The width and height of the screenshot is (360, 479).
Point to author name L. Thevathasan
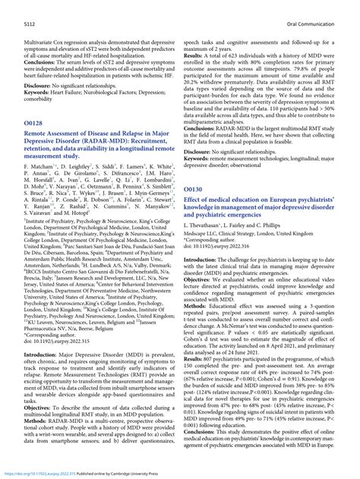(212, 226)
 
